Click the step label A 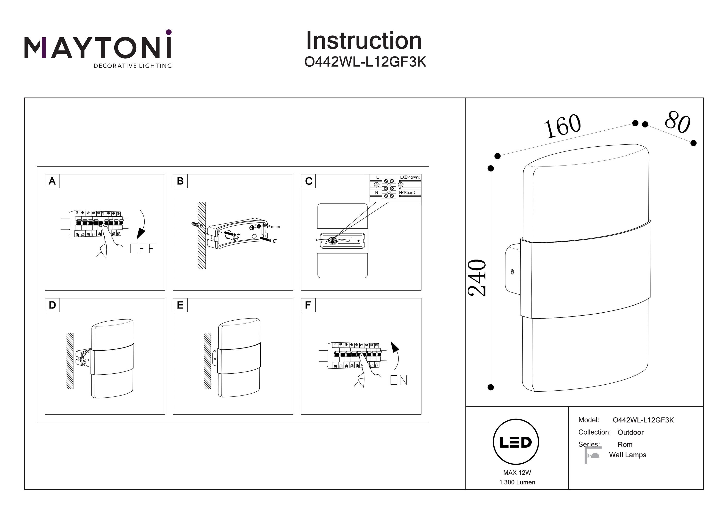click(x=52, y=181)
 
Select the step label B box click(x=180, y=181)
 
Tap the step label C click(x=308, y=181)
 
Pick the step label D click(x=52, y=305)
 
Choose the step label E click(x=180, y=305)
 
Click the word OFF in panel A click(x=143, y=248)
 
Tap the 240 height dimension click(x=477, y=278)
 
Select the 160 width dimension click(x=563, y=126)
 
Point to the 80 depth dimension click(x=677, y=122)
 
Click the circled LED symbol click(x=516, y=442)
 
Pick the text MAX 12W click(x=517, y=473)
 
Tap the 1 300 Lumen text click(x=517, y=482)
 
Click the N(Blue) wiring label click(x=407, y=193)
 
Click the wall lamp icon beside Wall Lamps click(x=593, y=455)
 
